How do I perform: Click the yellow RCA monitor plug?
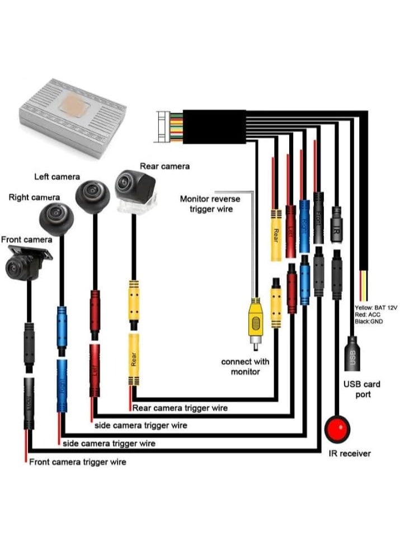click(x=255, y=322)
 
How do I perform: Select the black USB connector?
click(x=352, y=353)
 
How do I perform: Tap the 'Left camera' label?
click(x=57, y=177)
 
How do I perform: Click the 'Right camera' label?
click(x=34, y=198)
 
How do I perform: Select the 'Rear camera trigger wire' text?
click(x=180, y=408)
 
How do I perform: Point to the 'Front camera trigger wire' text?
click(x=77, y=462)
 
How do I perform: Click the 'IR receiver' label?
click(x=350, y=453)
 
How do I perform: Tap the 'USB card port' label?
click(x=361, y=389)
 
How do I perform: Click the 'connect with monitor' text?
click(x=245, y=367)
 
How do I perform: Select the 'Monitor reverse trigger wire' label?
click(x=210, y=204)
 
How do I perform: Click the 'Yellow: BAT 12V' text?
click(x=376, y=308)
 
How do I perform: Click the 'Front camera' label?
click(x=26, y=239)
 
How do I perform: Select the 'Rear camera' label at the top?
click(x=164, y=166)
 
